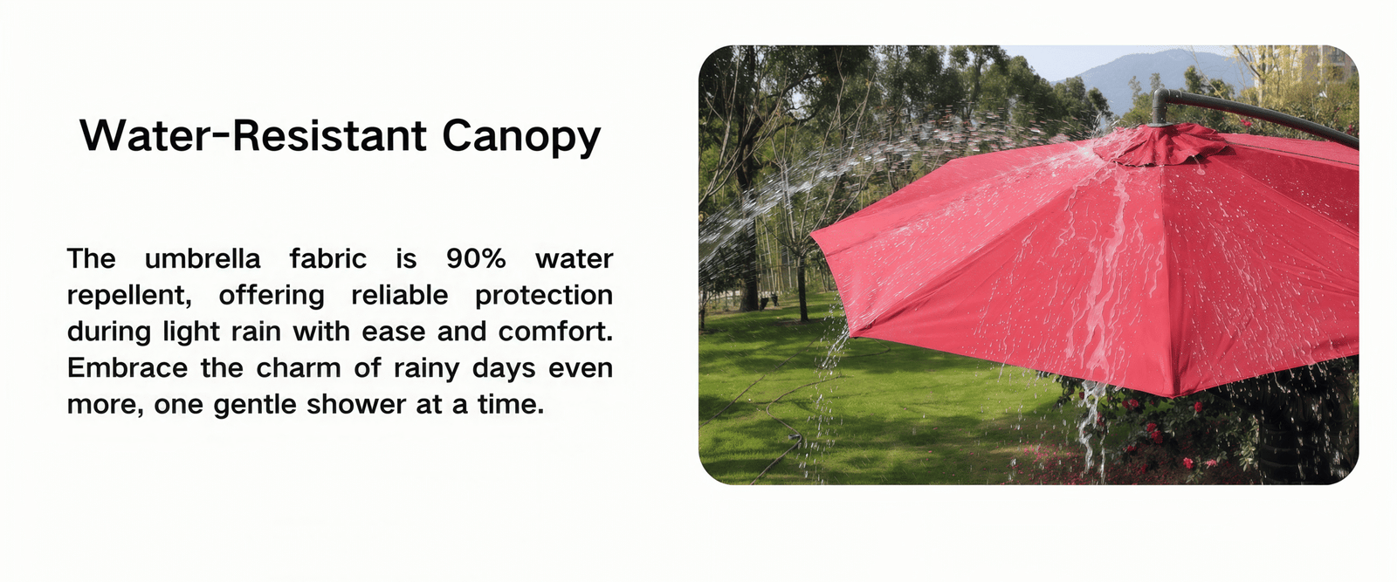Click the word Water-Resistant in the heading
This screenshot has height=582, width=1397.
tap(253, 135)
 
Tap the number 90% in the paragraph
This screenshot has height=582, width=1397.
tap(476, 258)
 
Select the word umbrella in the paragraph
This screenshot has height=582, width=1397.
tap(202, 258)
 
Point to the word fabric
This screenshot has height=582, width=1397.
tap(327, 258)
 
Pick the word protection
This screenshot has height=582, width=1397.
tap(544, 296)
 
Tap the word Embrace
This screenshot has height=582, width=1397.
tap(127, 367)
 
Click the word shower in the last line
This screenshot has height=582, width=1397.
tap(356, 404)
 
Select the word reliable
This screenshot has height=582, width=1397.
tap(400, 295)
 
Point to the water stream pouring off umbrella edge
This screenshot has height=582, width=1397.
tap(1092, 424)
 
